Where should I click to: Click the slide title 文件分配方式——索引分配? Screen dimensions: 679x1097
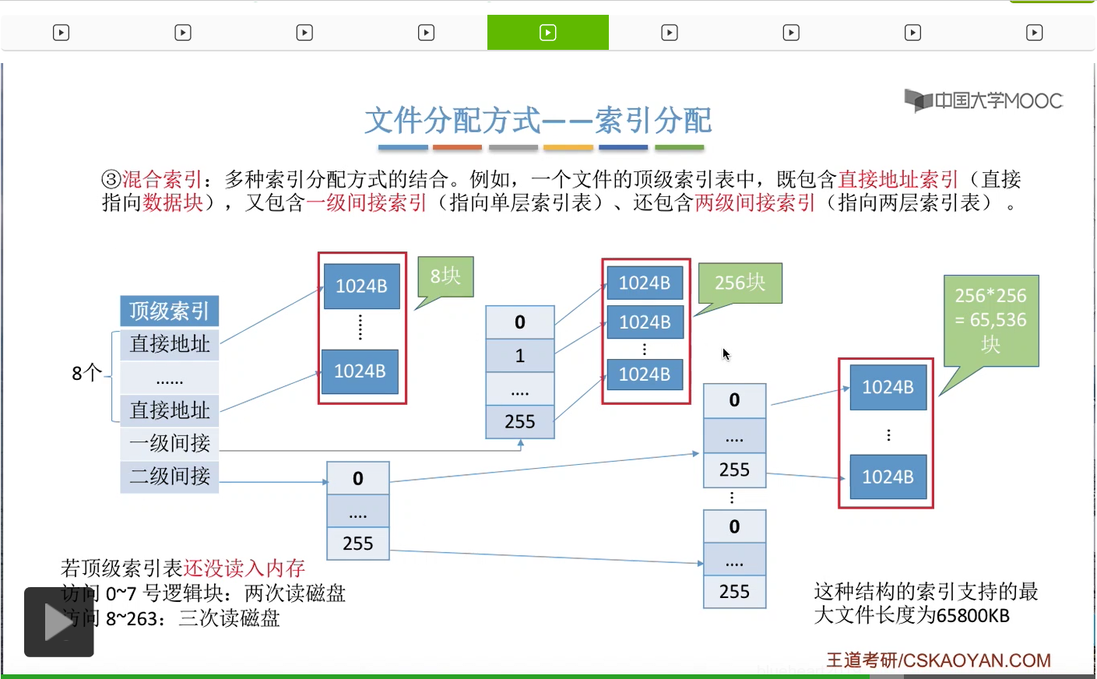538,121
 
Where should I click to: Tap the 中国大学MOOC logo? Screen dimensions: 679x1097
983,100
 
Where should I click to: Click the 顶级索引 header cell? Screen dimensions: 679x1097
169,311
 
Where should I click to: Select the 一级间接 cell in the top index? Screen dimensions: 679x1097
170,443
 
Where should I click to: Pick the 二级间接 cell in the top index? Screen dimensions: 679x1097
170,476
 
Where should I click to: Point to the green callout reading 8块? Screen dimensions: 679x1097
445,276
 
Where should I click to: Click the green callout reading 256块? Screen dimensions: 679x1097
740,282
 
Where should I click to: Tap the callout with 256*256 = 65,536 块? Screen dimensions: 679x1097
990,319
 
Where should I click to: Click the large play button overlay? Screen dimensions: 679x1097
59,622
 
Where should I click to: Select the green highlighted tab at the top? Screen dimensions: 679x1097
547,33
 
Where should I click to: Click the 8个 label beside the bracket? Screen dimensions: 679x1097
86,373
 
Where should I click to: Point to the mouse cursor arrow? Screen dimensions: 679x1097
726,354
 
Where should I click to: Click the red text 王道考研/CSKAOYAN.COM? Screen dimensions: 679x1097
938,660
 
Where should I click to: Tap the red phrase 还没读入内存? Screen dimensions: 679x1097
244,568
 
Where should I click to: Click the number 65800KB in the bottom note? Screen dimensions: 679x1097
972,616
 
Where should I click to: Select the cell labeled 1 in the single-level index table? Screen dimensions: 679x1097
519,356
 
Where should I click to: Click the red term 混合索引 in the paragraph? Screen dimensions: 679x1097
162,180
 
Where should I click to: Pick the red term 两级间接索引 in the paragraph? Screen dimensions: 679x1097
754,203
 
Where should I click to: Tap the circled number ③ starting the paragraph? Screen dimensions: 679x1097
111,180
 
